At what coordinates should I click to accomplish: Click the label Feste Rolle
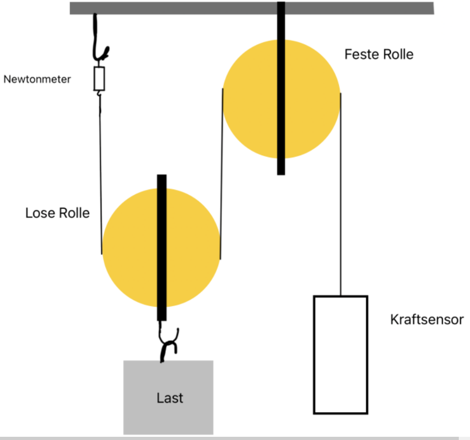pos(379,55)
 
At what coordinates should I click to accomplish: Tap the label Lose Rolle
pos(58,213)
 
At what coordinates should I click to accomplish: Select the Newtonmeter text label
pos(37,79)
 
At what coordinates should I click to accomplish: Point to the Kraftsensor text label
pos(427,320)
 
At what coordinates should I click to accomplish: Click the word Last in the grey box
pos(169,398)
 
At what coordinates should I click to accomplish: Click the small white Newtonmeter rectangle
pos(99,79)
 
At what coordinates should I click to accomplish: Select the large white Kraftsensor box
pos(341,355)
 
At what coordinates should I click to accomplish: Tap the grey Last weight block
pos(168,397)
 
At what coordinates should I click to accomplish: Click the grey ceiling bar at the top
pos(252,8)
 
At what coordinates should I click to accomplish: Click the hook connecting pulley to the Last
pos(168,342)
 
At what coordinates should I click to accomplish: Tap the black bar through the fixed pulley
pos(281,88)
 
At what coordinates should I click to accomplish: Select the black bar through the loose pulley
pos(162,248)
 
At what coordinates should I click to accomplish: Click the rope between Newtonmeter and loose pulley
pos(101,174)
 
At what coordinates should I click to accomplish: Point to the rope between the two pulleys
pos(221,174)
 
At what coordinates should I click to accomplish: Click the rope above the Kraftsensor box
pos(341,194)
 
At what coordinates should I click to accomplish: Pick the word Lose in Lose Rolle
pos(40,213)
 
